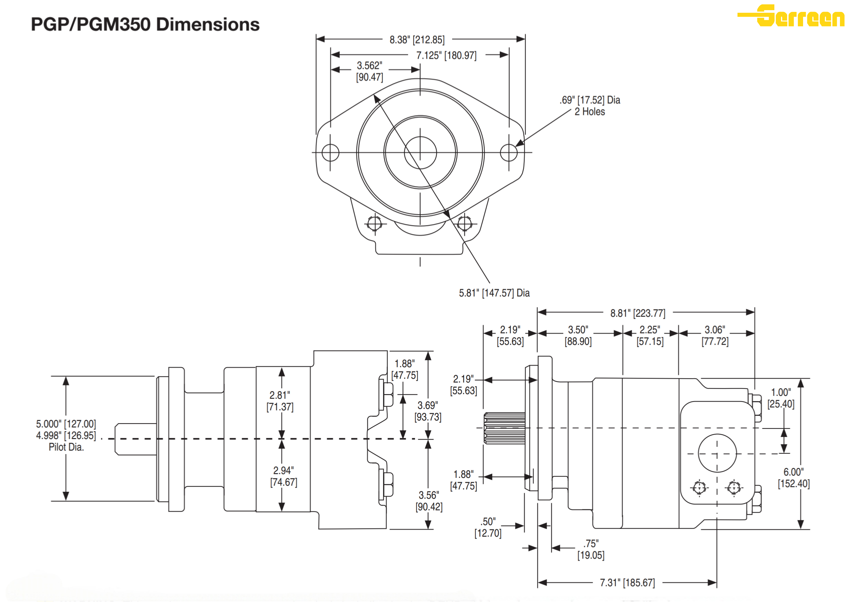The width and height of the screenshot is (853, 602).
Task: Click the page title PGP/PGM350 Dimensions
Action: click(x=145, y=24)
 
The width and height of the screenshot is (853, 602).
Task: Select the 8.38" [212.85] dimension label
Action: click(x=417, y=40)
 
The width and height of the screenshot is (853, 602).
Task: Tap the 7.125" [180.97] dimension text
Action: click(x=446, y=55)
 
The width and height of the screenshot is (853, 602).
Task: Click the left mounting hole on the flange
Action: click(x=330, y=153)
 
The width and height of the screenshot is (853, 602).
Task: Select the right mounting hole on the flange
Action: click(x=508, y=153)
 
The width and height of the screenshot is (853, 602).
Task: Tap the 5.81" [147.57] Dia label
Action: click(x=494, y=293)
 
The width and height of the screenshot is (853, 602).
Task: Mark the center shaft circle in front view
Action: click(x=420, y=153)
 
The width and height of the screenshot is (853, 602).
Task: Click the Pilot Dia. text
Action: click(x=66, y=447)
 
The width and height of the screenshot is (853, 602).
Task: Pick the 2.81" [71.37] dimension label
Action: click(x=280, y=401)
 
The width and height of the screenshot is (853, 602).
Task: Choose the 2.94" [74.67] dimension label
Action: click(x=284, y=476)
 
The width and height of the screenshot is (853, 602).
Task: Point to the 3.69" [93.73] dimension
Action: click(x=428, y=411)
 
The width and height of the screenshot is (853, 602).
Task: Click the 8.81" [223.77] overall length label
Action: click(x=638, y=313)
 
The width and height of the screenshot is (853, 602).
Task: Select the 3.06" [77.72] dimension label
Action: click(x=715, y=335)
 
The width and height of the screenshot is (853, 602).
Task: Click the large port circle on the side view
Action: click(x=717, y=453)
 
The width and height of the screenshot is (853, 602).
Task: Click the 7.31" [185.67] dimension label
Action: click(x=627, y=583)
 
